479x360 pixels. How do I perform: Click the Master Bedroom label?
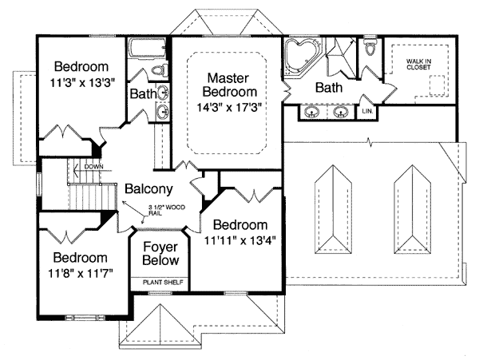pyautogui.click(x=228, y=85)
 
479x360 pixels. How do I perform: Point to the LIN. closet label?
pyautogui.click(x=369, y=111)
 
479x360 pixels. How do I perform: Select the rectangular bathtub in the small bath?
pyautogui.click(x=144, y=53)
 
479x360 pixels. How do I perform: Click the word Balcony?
pyautogui.click(x=148, y=190)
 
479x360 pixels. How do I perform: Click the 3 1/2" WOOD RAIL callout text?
pyautogui.click(x=167, y=210)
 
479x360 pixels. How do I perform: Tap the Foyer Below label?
pyautogui.click(x=160, y=254)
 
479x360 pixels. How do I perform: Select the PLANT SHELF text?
pyautogui.click(x=160, y=282)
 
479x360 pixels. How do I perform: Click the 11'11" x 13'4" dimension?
pyautogui.click(x=239, y=239)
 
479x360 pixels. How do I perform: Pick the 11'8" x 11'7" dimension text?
pyautogui.click(x=80, y=273)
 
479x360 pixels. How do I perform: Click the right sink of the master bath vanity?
pyautogui.click(x=342, y=112)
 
